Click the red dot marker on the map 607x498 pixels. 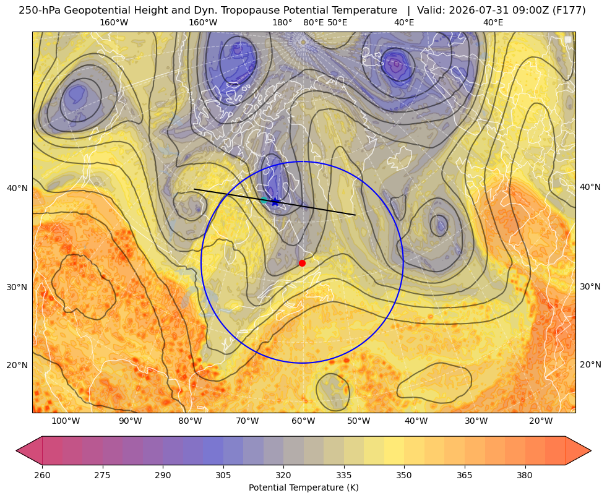[303, 263]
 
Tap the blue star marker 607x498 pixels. [275, 202]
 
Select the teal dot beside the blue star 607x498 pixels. [264, 200]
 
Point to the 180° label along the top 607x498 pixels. [282, 22]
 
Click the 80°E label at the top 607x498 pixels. [313, 22]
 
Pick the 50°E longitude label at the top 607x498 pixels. [337, 22]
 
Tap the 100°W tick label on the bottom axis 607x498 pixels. [66, 421]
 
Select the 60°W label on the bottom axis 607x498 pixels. [303, 421]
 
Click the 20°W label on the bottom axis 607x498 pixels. [541, 421]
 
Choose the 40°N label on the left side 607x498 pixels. [17, 189]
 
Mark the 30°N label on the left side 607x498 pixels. [17, 288]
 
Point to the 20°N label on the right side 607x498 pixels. [590, 364]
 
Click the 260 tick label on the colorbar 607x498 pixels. [42, 475]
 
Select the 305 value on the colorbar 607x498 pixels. [223, 475]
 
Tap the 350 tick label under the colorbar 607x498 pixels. [404, 475]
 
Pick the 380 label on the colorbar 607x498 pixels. [525, 475]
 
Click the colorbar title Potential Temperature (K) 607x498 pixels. [303, 487]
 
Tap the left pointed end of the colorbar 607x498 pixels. [17, 450]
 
